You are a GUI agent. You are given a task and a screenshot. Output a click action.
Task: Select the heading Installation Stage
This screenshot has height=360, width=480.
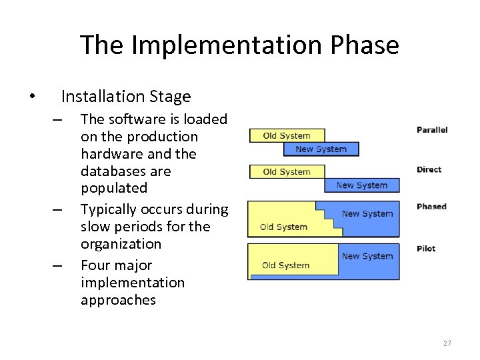[125, 97]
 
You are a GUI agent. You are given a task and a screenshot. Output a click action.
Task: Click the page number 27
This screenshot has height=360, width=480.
[447, 343]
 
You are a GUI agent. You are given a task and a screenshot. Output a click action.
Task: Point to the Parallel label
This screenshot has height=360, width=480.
[432, 130]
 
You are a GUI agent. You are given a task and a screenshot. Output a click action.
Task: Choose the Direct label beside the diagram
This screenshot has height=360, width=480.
[429, 169]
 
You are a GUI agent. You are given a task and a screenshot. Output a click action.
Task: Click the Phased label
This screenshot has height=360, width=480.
[431, 207]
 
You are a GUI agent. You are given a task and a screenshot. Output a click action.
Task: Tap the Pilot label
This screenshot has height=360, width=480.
[426, 249]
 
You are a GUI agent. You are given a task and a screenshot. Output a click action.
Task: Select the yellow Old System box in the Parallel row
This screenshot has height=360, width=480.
[287, 136]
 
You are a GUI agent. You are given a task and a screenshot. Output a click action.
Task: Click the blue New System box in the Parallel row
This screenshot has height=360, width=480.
[321, 149]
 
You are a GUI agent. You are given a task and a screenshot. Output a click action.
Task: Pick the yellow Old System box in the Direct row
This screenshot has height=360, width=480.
[287, 172]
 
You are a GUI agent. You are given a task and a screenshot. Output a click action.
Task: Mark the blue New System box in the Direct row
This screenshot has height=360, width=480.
[361, 185]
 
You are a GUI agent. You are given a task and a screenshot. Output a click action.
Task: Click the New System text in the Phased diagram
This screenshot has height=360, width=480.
[367, 214]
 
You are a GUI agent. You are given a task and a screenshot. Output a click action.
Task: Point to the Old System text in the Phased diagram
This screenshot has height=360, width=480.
[284, 227]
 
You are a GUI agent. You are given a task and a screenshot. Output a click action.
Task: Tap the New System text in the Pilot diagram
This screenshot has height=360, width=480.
[367, 256]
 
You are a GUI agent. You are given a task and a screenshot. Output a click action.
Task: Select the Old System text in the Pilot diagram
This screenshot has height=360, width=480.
[285, 265]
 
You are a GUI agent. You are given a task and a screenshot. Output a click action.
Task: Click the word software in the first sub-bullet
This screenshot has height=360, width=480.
[131, 119]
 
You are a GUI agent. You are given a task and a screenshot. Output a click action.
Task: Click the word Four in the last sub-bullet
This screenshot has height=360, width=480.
[95, 265]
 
